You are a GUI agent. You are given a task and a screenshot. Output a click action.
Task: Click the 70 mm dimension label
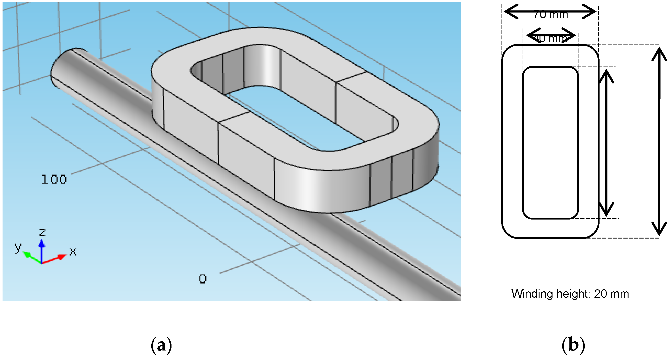click(x=550, y=15)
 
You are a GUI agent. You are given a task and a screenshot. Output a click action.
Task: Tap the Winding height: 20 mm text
click(x=570, y=294)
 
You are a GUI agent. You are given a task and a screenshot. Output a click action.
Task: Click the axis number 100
click(x=54, y=180)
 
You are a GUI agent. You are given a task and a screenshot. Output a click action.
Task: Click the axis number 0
click(x=203, y=279)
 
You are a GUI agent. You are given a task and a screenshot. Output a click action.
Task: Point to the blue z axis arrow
click(x=42, y=250)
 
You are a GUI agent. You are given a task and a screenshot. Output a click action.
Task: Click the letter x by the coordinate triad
click(x=73, y=252)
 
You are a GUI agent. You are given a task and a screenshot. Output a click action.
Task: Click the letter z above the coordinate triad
click(x=42, y=232)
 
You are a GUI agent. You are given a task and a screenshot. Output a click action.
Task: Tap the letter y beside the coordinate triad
click(x=18, y=247)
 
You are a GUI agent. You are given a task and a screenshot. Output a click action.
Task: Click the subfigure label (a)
click(x=161, y=345)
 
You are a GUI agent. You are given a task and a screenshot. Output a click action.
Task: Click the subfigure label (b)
click(x=573, y=345)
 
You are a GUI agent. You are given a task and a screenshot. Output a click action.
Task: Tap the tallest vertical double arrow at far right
click(x=659, y=142)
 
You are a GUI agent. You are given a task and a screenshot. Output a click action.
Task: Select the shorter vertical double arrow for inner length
click(x=606, y=143)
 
